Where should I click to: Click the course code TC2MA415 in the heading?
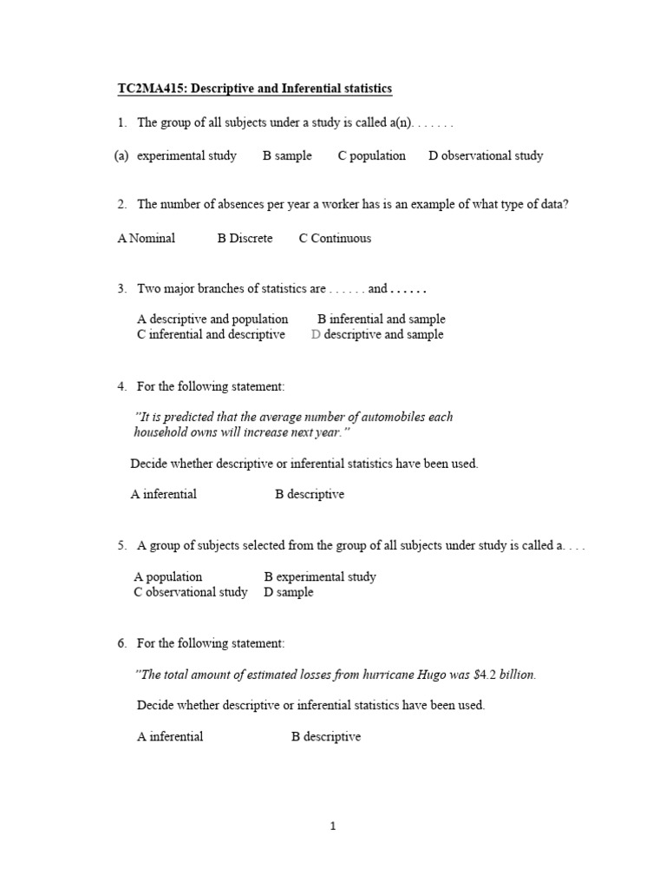149,89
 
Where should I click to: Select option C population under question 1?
371,155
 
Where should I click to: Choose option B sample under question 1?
287,155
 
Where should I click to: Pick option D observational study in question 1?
486,155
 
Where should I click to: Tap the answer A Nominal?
146,238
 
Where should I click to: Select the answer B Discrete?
245,238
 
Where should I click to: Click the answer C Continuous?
335,238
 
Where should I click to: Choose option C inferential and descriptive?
211,334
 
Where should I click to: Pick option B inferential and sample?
381,319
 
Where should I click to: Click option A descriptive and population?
212,319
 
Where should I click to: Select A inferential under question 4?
164,494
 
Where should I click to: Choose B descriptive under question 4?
310,494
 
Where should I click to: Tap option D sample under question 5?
289,592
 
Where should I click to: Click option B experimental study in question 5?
320,576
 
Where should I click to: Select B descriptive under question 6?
326,736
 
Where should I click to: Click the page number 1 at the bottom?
333,826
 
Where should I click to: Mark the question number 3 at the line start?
122,288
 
